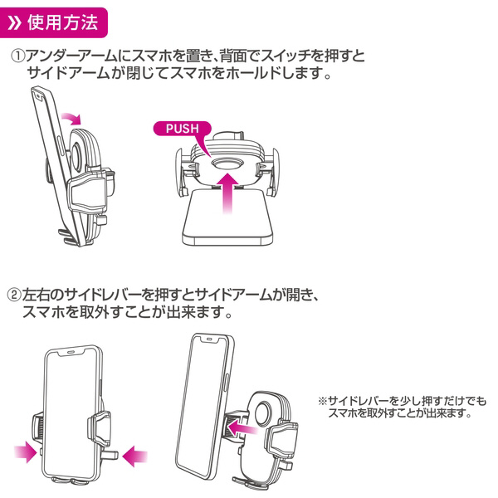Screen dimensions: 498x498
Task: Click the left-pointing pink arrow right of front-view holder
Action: click(x=135, y=454)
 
